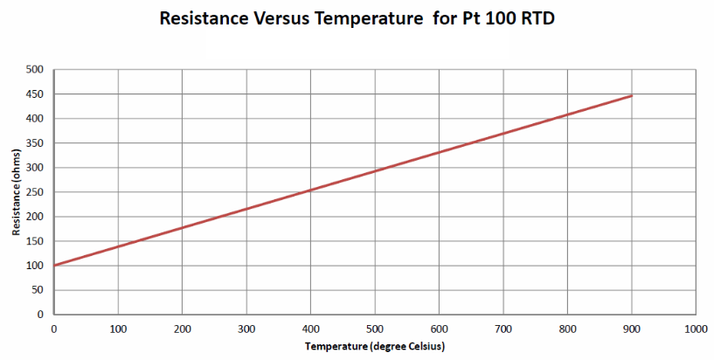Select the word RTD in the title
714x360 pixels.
point(534,17)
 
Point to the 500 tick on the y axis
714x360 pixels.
point(35,69)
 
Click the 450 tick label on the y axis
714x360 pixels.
point(35,93)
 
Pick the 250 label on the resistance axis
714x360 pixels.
point(35,191)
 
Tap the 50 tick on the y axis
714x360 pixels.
point(38,290)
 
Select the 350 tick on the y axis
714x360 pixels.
point(35,142)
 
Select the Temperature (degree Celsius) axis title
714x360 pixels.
point(375,347)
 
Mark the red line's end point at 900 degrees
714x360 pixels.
point(632,95)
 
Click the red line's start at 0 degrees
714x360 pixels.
point(54,265)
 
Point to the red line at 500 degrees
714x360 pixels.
point(375,170)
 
